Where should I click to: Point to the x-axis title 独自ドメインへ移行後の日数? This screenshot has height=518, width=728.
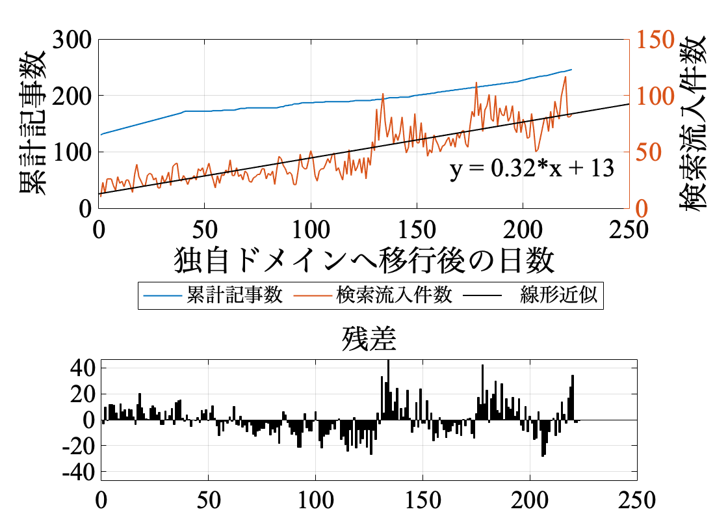coord(364,261)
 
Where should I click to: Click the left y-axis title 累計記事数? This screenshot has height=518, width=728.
coord(32,123)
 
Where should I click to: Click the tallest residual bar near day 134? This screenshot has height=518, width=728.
coord(388,390)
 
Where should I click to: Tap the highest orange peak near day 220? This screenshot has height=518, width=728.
coord(565,77)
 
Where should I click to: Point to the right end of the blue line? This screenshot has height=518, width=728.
coord(571,70)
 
